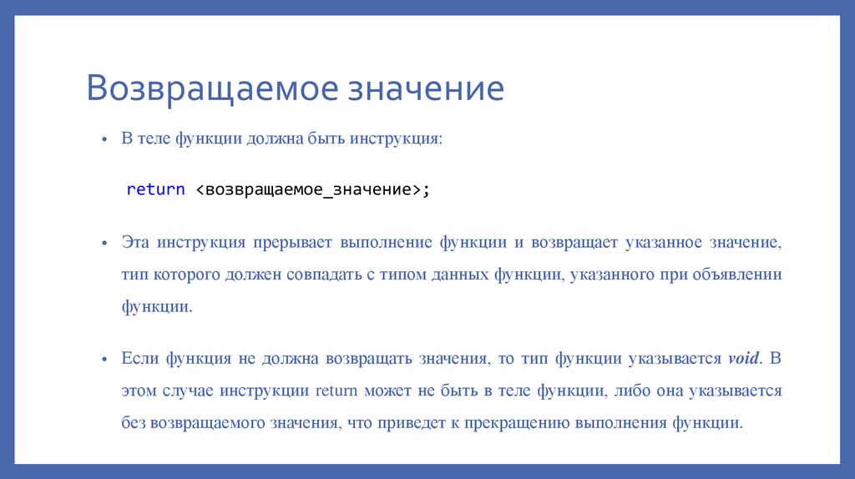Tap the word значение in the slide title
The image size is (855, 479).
(427, 89)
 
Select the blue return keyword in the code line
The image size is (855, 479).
(155, 189)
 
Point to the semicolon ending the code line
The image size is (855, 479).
(426, 189)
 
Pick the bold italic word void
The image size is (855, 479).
(743, 359)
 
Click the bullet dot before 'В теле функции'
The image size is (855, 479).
(104, 140)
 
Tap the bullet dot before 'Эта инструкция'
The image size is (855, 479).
(104, 243)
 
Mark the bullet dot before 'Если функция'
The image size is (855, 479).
(104, 359)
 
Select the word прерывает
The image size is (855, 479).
(291, 242)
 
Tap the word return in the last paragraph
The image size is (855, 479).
(336, 391)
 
